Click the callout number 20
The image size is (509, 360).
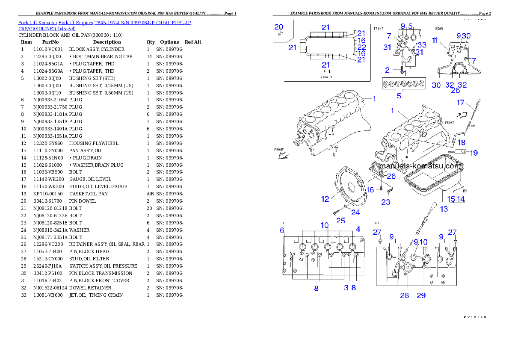tap(278, 27)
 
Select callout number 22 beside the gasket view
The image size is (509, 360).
tap(361, 47)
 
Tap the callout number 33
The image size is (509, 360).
tap(422, 45)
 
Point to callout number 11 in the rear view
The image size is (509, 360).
tap(435, 41)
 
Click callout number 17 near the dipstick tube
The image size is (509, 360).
tap(460, 103)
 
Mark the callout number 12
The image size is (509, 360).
tap(325, 198)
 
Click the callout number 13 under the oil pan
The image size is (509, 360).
tap(444, 209)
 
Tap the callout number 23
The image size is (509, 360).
tap(385, 202)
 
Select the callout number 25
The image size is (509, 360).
tap(340, 221)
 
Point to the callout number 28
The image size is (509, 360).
tap(404, 295)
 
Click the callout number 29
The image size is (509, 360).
tap(421, 295)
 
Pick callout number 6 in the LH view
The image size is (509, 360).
tap(282, 230)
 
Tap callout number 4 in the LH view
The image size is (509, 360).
tap(358, 229)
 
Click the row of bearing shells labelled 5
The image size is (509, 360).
tap(404, 83)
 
